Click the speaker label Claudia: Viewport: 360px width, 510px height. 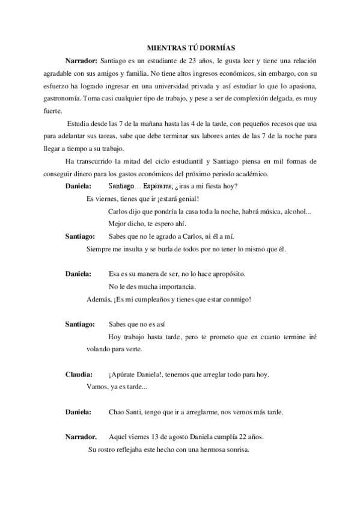tap(79, 375)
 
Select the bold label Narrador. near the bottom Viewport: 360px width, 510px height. tap(81, 437)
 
